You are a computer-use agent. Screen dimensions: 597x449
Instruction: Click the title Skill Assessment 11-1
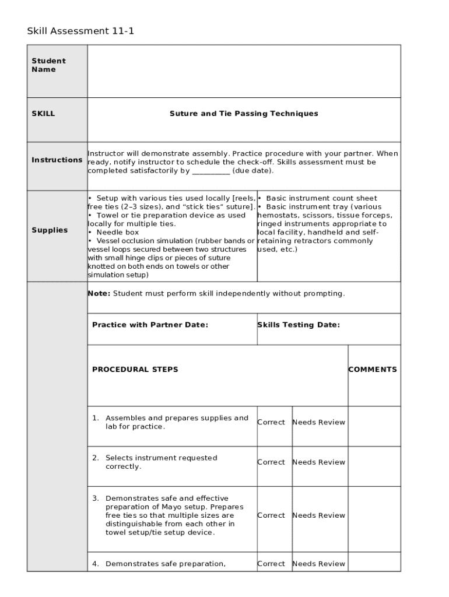point(80,31)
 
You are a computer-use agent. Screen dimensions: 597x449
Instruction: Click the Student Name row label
point(48,65)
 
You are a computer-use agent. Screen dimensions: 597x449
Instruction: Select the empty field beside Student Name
point(244,71)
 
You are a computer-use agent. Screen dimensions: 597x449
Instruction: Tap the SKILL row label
point(43,114)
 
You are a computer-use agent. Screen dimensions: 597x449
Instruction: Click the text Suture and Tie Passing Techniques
point(244,114)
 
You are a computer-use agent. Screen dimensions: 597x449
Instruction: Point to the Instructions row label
point(57,160)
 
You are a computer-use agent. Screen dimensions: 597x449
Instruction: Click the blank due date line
point(211,171)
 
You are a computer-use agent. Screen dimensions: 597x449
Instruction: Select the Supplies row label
point(50,230)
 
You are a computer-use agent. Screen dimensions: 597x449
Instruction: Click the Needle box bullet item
point(117,232)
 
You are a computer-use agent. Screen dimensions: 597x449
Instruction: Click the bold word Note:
point(99,293)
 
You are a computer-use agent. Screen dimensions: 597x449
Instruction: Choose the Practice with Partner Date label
point(150,325)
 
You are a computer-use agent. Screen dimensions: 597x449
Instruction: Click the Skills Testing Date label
point(299,325)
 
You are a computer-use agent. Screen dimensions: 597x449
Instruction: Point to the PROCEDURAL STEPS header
point(135,370)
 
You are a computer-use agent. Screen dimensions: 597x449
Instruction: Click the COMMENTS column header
point(373,370)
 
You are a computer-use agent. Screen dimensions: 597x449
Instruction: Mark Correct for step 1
point(271,422)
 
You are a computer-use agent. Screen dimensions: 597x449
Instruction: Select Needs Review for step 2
point(318,462)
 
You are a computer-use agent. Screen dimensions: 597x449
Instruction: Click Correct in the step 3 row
point(271,515)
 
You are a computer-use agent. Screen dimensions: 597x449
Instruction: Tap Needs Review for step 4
point(318,564)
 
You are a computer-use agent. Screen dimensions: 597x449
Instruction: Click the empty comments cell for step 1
point(374,426)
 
